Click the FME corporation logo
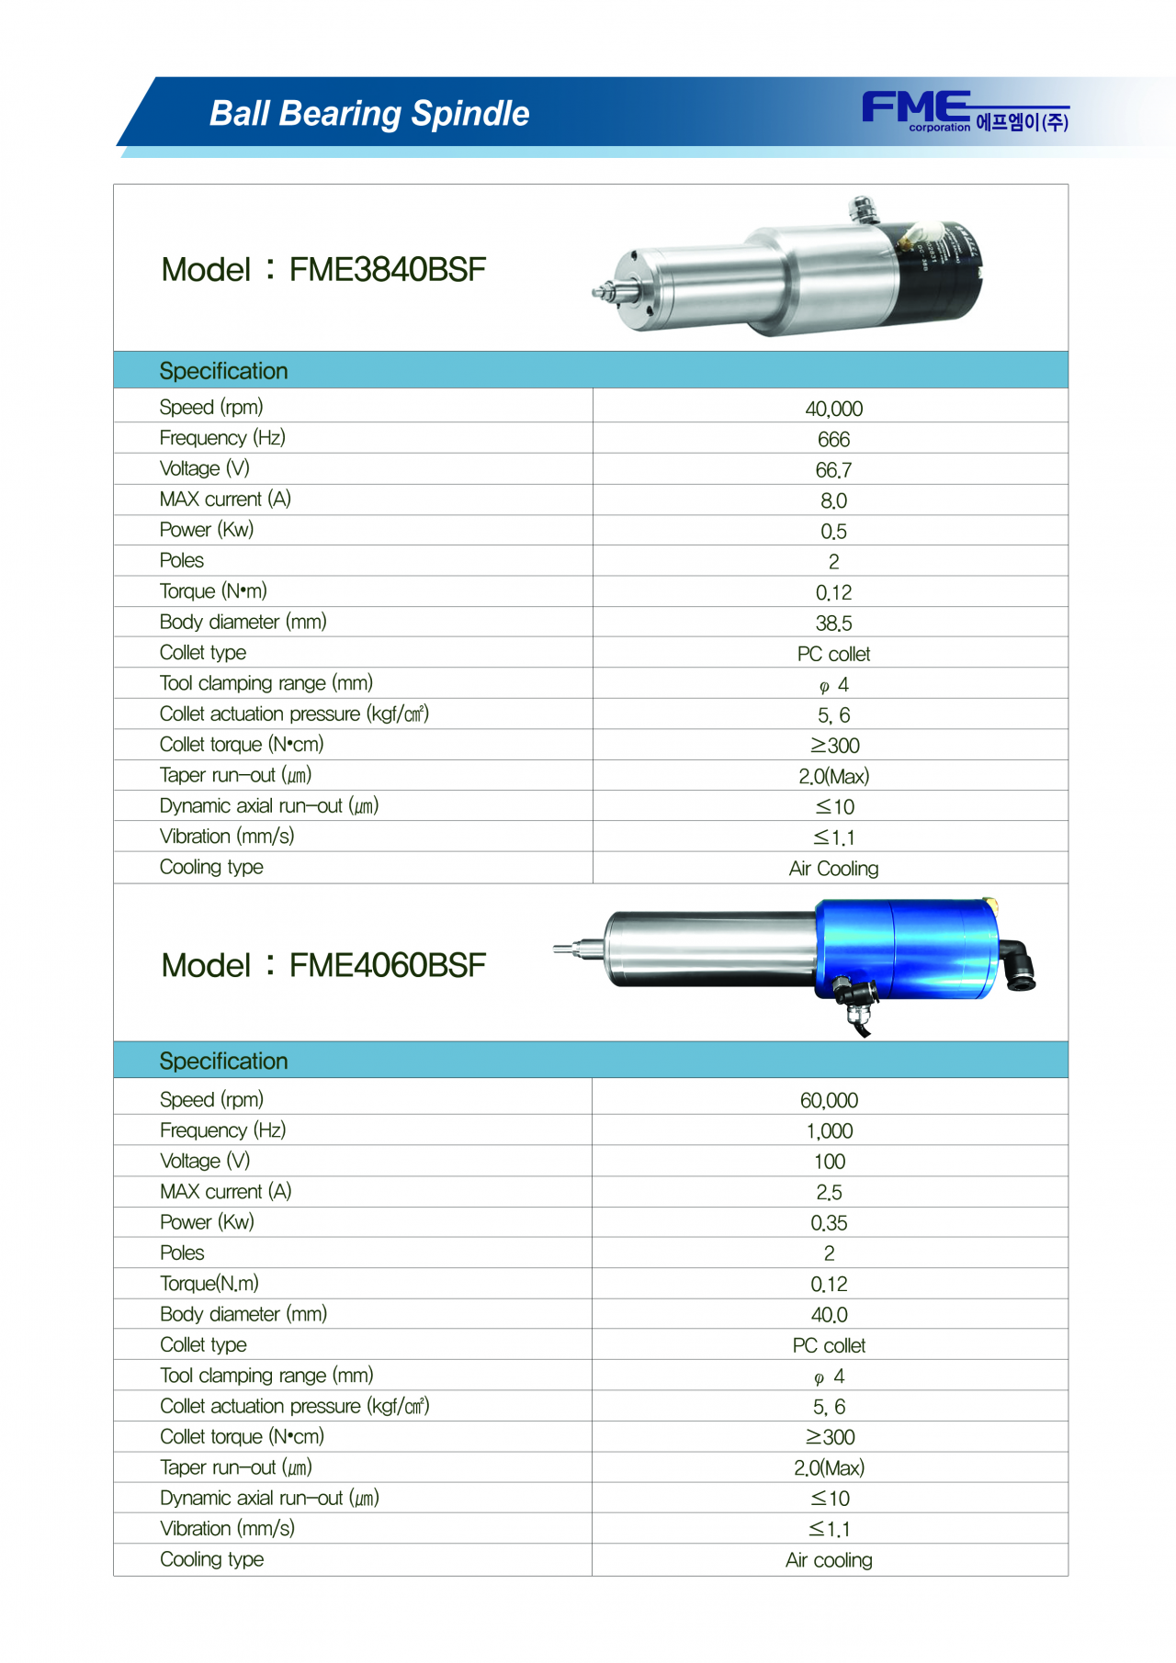(x=964, y=112)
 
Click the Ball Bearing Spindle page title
(x=369, y=114)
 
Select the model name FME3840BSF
(x=387, y=270)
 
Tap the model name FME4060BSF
(x=387, y=966)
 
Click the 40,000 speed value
(x=833, y=409)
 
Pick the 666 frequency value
(x=833, y=440)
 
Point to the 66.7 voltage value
(x=833, y=470)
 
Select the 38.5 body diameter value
(x=833, y=624)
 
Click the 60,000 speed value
(x=829, y=1100)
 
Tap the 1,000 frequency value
(x=829, y=1131)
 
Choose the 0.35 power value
(x=829, y=1223)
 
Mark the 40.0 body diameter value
(x=829, y=1315)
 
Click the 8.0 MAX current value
(x=833, y=501)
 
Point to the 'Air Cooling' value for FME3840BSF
(x=833, y=869)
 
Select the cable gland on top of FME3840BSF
(x=862, y=208)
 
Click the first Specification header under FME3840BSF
(x=223, y=371)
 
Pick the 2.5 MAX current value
(x=829, y=1193)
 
